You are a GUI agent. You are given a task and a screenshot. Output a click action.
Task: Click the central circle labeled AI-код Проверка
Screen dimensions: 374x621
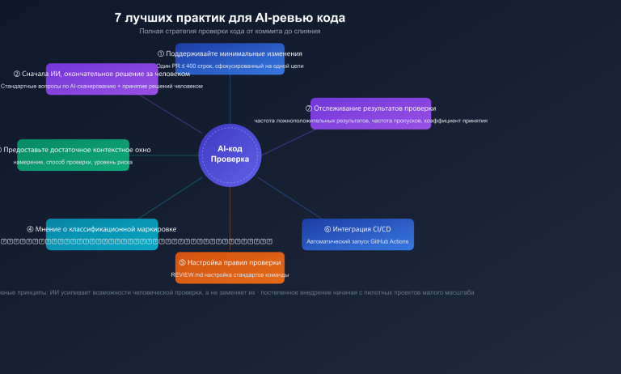(x=230, y=154)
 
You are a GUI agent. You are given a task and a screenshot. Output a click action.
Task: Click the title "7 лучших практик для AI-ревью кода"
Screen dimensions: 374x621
(x=230, y=17)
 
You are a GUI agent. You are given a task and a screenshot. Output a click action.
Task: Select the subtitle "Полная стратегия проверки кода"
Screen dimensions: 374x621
(x=230, y=32)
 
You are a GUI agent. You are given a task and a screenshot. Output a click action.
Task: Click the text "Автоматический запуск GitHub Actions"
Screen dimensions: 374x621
(x=357, y=242)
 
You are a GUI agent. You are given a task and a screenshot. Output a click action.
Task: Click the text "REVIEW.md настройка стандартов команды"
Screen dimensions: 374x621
(x=230, y=275)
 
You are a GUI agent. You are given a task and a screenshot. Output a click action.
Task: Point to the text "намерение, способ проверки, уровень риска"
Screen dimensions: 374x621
(x=73, y=163)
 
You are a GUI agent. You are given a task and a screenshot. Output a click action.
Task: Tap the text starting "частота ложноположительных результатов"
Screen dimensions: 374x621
(x=370, y=121)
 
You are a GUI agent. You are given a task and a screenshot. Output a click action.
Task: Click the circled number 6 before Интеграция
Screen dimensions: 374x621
(x=327, y=229)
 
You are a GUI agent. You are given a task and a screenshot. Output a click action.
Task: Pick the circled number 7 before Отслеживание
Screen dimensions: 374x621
(x=310, y=108)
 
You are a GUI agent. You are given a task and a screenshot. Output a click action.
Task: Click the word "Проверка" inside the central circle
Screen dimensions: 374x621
(x=230, y=159)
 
